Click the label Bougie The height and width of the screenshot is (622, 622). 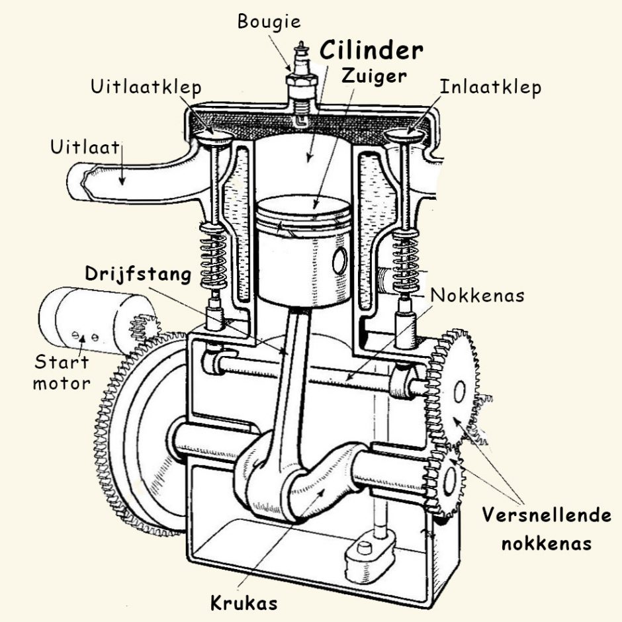coord(269,21)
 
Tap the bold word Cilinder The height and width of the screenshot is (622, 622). coord(371,51)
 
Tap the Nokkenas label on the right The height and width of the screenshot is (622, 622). coord(477,295)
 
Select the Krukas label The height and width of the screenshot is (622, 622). coord(244,603)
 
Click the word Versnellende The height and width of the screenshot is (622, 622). coord(547,515)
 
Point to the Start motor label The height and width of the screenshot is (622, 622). coord(62,372)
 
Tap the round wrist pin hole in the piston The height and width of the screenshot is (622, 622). coord(340,262)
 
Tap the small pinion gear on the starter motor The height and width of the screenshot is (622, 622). coord(144,326)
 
